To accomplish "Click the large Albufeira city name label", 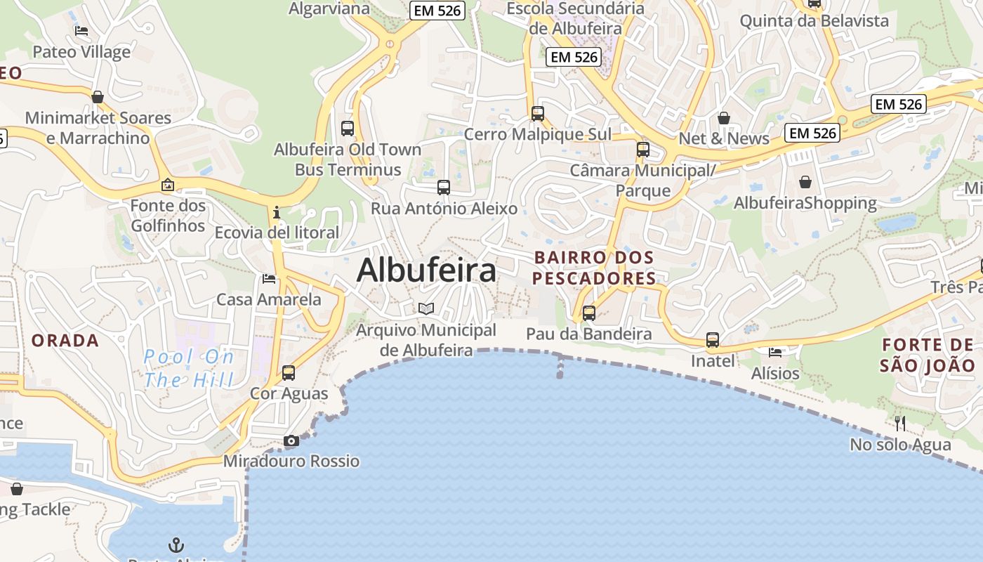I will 426,270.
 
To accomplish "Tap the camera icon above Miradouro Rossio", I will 291,441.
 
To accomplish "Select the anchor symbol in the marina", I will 176,544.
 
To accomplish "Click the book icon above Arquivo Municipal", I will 426,308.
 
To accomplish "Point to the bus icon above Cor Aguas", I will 289,372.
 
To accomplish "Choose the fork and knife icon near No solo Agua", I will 900,423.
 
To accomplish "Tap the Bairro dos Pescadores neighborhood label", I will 593,268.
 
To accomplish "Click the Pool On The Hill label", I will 189,369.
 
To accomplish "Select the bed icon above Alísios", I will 775,352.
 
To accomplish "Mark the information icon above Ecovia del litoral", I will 277,211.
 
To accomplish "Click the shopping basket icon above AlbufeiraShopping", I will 805,182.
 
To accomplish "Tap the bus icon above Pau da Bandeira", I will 589,313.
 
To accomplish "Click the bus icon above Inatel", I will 713,340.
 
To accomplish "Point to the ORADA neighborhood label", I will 65,341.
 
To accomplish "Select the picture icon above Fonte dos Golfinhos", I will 168,185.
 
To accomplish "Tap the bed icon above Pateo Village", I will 81,31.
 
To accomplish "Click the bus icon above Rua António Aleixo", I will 443,188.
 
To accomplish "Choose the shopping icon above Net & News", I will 724,117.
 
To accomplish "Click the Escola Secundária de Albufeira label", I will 575,19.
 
